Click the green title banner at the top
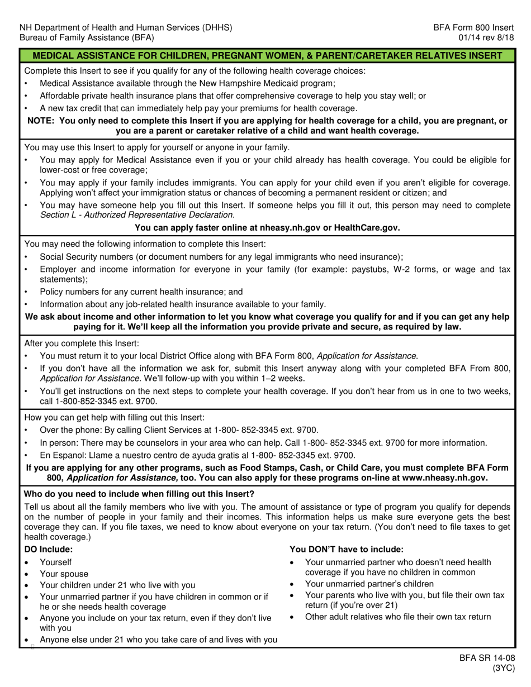267,55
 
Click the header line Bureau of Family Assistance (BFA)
87,38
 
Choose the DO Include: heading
49,550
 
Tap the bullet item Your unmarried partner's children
369,584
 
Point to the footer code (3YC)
503,669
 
